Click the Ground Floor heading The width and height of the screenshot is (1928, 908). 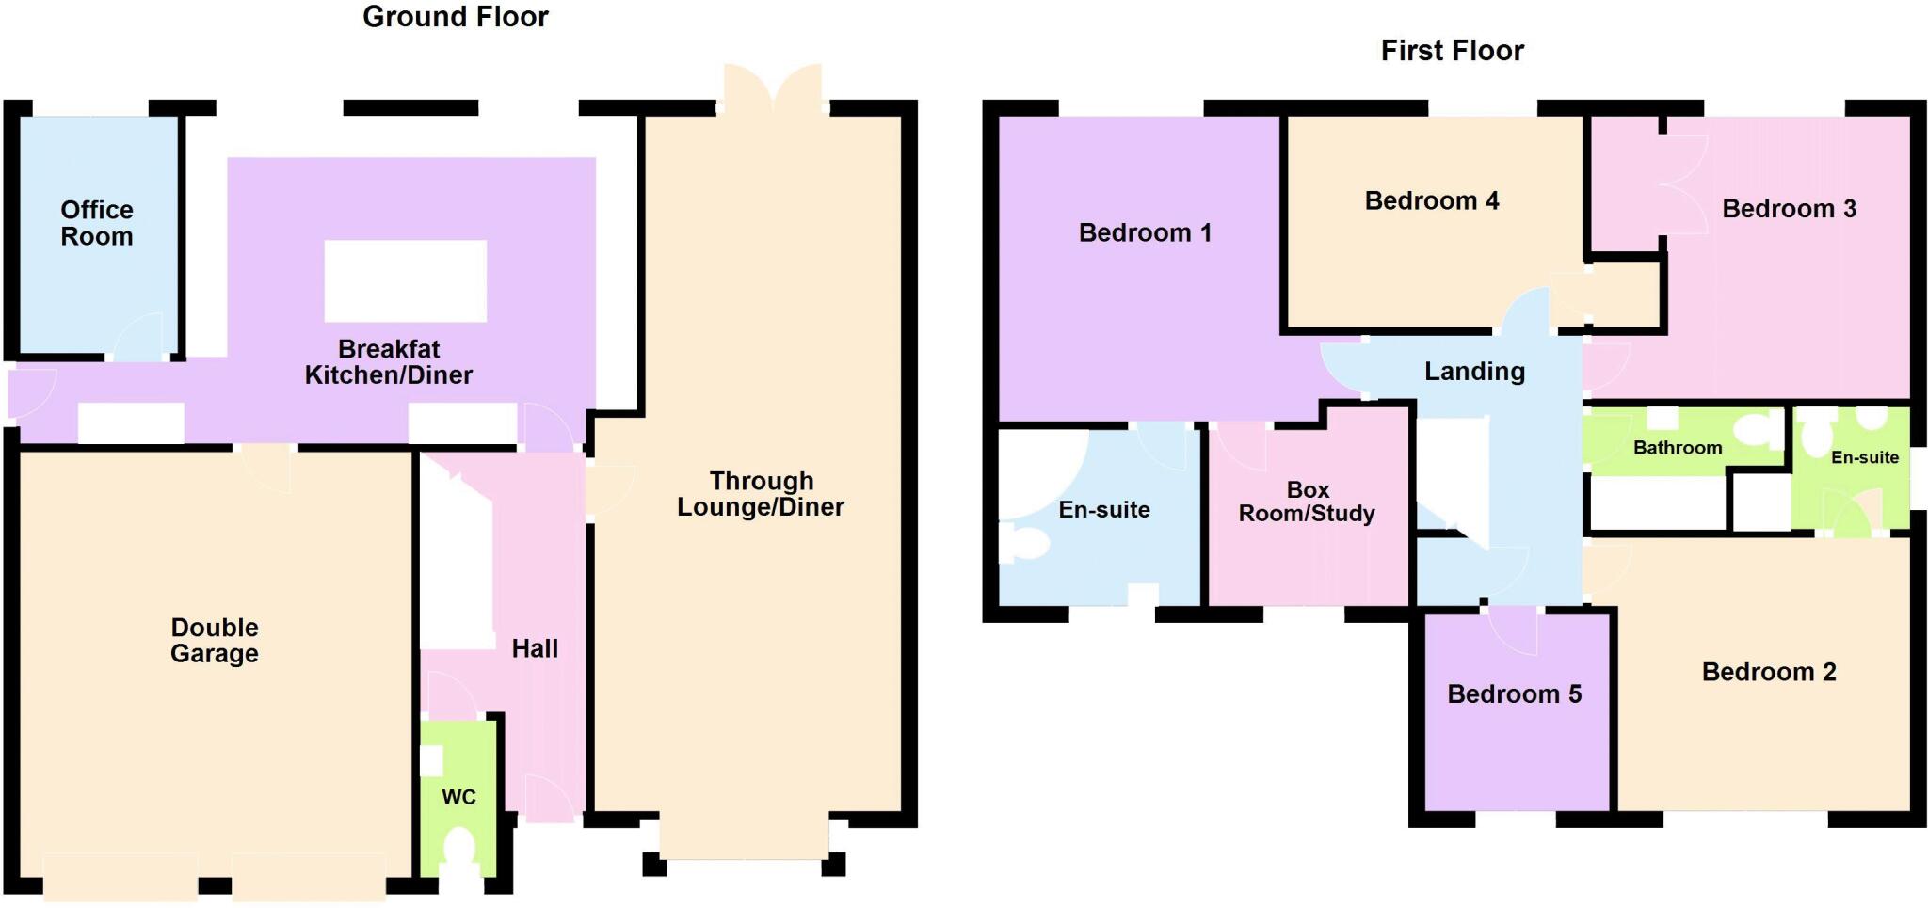click(x=455, y=17)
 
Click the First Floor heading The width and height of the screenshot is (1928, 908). click(x=1452, y=51)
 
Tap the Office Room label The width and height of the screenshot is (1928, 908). click(x=96, y=223)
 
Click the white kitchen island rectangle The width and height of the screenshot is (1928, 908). click(x=405, y=280)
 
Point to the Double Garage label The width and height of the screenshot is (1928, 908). click(x=214, y=641)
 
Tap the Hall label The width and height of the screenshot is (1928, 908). click(x=535, y=648)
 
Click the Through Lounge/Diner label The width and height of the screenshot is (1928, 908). click(x=761, y=494)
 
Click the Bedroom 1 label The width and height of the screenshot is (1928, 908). click(x=1145, y=232)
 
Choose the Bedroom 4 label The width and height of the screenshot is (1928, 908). click(x=1431, y=200)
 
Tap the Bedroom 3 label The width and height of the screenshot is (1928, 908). click(x=1789, y=209)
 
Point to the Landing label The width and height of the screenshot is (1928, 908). click(x=1474, y=372)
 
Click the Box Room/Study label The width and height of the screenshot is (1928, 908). click(x=1307, y=502)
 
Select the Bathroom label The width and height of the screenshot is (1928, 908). click(x=1677, y=448)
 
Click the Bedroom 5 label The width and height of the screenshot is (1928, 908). click(x=1514, y=694)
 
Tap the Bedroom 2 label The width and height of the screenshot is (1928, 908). click(x=1768, y=672)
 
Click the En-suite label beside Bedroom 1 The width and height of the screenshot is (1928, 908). click(x=1103, y=510)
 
